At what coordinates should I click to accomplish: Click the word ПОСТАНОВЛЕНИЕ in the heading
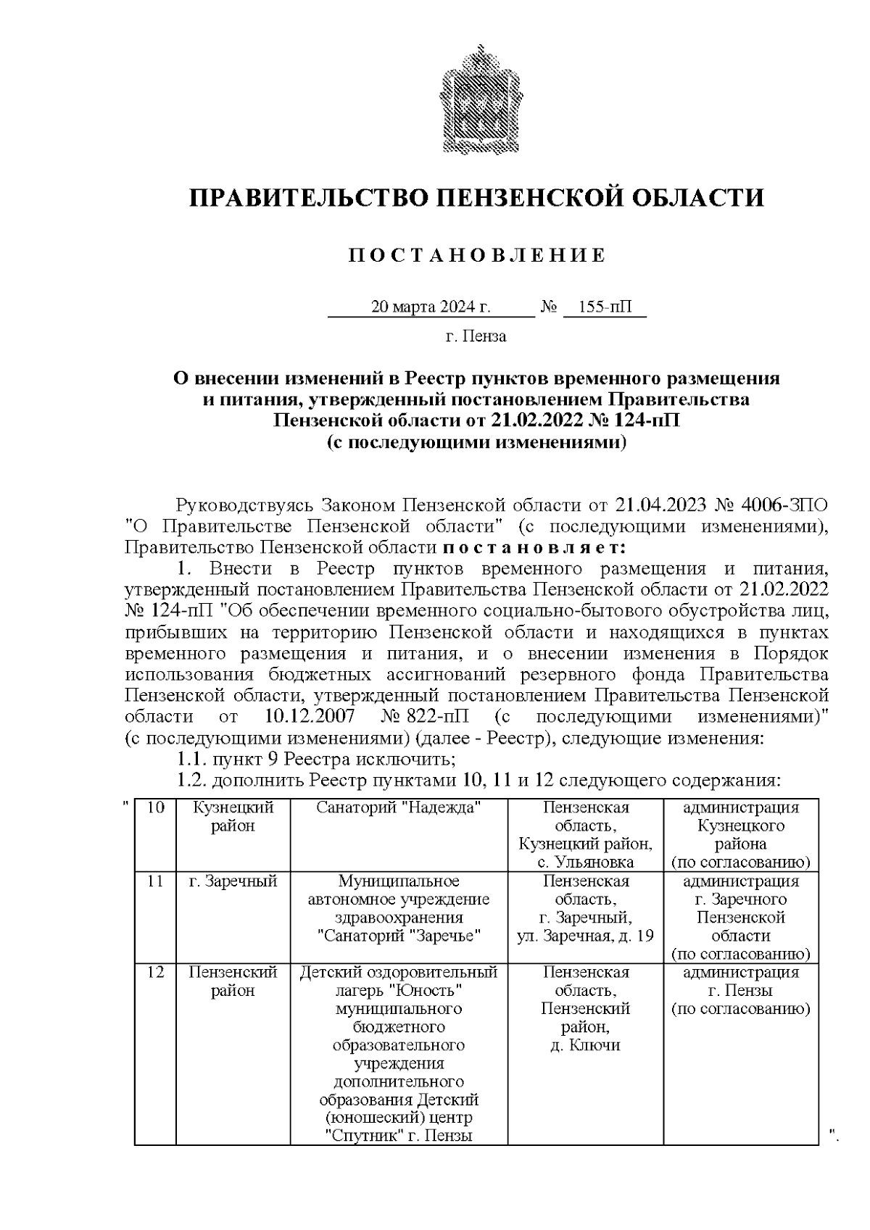coord(476,256)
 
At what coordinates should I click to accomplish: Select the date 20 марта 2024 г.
coord(431,307)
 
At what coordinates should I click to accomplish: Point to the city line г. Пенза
coord(476,336)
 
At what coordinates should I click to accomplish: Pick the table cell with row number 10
coord(155,808)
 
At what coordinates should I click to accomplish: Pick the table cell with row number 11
coord(155,882)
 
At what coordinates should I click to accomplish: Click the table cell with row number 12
coord(155,973)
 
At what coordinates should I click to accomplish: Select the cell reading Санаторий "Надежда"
coord(399,808)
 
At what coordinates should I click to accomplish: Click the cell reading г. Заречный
coord(233,882)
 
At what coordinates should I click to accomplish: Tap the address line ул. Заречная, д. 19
coord(585,936)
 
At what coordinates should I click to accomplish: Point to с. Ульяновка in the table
coord(586,863)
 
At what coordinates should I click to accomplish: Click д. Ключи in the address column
coord(585,1046)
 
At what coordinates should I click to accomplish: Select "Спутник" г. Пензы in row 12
coord(399,1136)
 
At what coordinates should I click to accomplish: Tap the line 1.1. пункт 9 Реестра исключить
coord(316,760)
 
